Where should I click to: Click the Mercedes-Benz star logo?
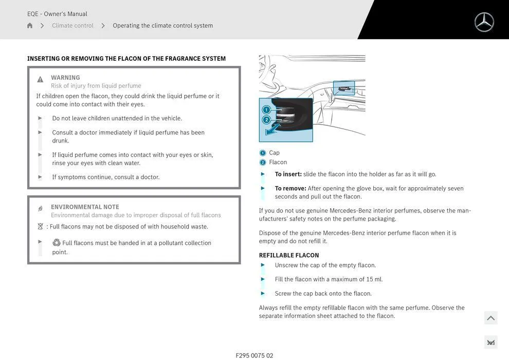point(484,22)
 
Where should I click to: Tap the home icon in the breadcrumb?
point(30,26)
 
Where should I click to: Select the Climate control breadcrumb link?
point(72,26)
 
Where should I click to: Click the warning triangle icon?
point(40,80)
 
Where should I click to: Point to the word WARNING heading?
point(65,78)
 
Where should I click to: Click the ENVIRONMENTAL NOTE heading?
point(85,207)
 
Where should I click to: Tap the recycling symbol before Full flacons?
point(57,243)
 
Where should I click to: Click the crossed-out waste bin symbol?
point(40,227)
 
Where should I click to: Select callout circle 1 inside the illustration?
point(266,110)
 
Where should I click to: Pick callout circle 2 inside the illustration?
point(266,120)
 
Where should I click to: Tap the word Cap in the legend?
point(275,153)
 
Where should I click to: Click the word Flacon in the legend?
point(278,162)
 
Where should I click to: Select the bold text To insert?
point(288,174)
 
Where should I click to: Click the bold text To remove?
point(290,188)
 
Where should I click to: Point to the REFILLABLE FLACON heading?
point(289,255)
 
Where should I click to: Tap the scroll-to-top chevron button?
point(490,318)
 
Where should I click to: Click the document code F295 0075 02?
point(254,355)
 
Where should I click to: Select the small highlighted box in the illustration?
point(343,88)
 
